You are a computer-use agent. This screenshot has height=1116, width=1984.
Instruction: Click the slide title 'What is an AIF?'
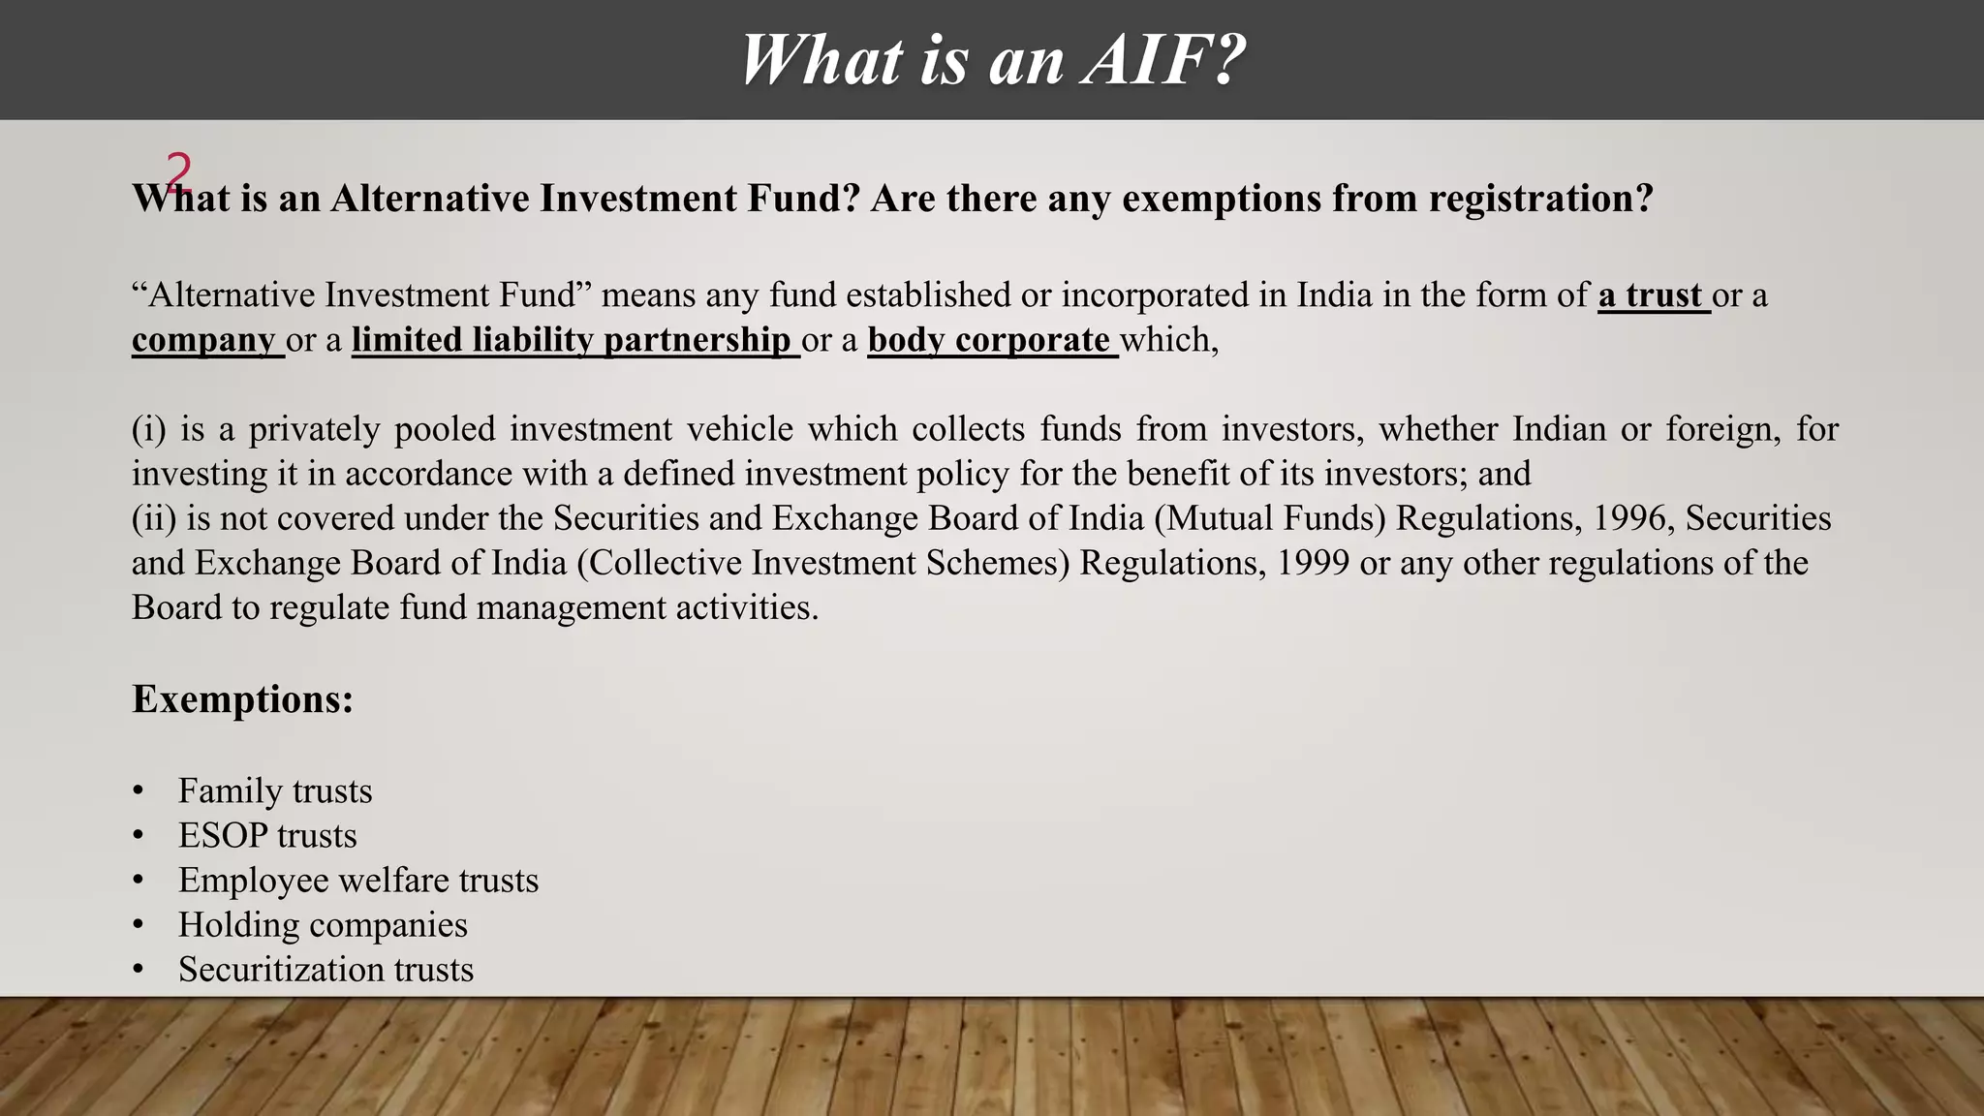click(x=992, y=60)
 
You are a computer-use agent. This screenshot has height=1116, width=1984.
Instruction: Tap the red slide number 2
click(x=178, y=171)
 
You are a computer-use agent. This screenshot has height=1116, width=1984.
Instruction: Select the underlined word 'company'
click(x=204, y=340)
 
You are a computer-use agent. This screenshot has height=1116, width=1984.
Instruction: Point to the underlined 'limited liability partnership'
click(x=572, y=340)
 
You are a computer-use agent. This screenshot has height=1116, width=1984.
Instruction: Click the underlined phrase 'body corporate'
click(x=989, y=340)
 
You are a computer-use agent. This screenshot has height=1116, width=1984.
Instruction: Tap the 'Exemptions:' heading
click(x=243, y=699)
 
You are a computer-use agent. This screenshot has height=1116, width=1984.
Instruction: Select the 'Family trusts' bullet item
click(x=275, y=791)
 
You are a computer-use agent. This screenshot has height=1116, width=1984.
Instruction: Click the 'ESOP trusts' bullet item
click(x=267, y=836)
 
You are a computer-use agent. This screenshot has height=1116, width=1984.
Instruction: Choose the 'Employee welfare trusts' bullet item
click(x=358, y=881)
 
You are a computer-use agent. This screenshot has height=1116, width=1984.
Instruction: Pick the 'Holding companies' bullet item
click(x=323, y=925)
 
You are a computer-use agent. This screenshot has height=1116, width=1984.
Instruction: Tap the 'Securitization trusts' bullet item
click(x=325, y=970)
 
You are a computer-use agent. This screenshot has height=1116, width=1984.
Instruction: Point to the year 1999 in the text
click(x=1313, y=563)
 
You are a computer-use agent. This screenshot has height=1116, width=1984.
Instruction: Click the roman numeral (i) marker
click(x=149, y=429)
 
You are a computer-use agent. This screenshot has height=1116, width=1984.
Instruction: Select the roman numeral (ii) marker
click(x=154, y=518)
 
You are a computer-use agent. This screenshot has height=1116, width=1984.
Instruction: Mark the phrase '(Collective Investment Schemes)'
click(x=823, y=563)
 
